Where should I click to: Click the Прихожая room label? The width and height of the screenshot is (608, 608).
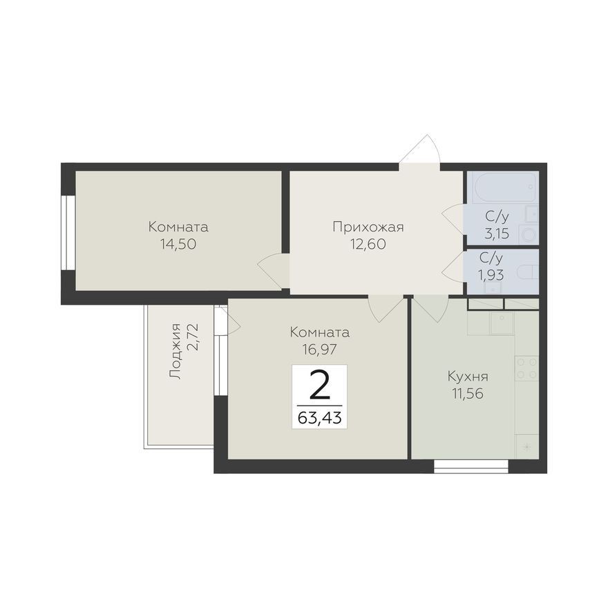(x=368, y=227)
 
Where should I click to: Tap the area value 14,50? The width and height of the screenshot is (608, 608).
(x=178, y=244)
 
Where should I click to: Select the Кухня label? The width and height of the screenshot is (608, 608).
(x=468, y=377)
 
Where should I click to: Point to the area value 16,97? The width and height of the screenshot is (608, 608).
(x=320, y=350)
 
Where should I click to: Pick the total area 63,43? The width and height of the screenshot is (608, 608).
(x=319, y=417)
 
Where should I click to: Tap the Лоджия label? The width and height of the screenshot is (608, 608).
(x=175, y=351)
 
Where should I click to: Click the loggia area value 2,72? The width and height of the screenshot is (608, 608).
(x=193, y=337)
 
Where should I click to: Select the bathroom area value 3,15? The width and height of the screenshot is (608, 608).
(x=497, y=234)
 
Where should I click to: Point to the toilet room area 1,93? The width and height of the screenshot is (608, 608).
(x=491, y=275)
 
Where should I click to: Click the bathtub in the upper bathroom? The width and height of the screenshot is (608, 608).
(x=502, y=187)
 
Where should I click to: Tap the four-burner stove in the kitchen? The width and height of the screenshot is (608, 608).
(x=526, y=368)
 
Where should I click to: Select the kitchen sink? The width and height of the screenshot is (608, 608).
(x=502, y=323)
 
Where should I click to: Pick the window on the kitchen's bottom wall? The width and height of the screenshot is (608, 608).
(x=471, y=466)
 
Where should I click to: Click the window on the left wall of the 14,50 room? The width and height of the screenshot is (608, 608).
(x=68, y=232)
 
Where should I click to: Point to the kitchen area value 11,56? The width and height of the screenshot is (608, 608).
(x=468, y=394)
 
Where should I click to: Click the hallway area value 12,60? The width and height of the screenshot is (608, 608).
(x=368, y=244)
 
